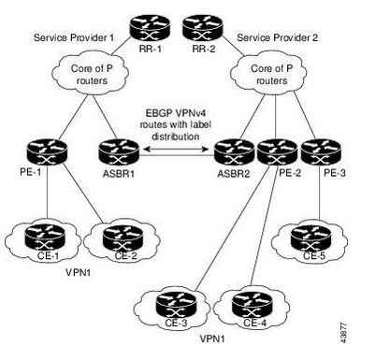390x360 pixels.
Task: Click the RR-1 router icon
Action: coord(150,27)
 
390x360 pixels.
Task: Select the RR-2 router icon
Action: coord(203,27)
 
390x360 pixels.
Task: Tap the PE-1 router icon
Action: coord(47,152)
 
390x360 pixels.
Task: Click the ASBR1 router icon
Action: coord(119,152)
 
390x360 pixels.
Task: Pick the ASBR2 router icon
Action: coord(234,152)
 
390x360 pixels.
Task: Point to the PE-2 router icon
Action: coord(277,152)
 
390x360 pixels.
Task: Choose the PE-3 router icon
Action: coord(321,152)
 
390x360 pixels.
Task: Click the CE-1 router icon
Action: coord(45,238)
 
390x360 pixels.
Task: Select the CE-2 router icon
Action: coord(123,238)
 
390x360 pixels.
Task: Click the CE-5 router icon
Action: coord(311,238)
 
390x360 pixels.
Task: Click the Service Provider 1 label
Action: coord(74,37)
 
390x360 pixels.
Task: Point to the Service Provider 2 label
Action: coord(278,37)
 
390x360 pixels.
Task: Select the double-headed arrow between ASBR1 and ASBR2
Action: coord(176,150)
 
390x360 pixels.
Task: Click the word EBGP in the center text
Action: coord(158,112)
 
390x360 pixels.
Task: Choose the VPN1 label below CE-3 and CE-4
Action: coord(212,338)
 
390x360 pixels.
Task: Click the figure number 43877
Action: coord(343,333)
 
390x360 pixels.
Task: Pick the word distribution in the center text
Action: coord(176,137)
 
